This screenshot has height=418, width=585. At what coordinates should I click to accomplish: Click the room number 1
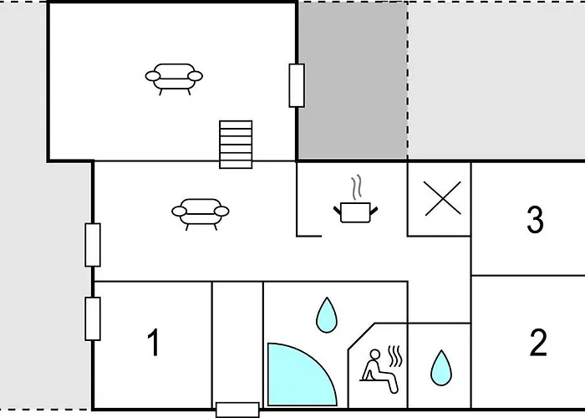[x=153, y=343]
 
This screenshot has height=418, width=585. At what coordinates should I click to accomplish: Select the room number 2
[x=538, y=343]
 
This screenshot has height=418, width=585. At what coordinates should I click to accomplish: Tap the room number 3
[x=536, y=220]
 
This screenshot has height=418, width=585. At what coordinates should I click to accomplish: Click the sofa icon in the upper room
[x=174, y=77]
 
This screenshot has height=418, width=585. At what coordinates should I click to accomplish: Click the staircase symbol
[x=236, y=144]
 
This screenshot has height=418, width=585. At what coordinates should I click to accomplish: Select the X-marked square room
[x=440, y=199]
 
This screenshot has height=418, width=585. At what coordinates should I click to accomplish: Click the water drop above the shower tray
[x=326, y=315]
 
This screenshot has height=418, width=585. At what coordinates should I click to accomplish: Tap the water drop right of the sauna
[x=440, y=367]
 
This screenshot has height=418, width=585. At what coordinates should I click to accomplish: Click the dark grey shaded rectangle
[x=352, y=80]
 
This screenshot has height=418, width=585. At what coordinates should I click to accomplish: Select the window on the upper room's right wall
[x=297, y=85]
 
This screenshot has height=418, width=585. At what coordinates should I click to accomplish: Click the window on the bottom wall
[x=237, y=410]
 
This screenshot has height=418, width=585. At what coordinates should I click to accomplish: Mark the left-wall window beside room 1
[x=93, y=319]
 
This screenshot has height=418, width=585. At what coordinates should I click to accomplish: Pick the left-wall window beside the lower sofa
[x=93, y=245]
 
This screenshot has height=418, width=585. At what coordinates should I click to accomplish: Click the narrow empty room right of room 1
[x=237, y=343]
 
